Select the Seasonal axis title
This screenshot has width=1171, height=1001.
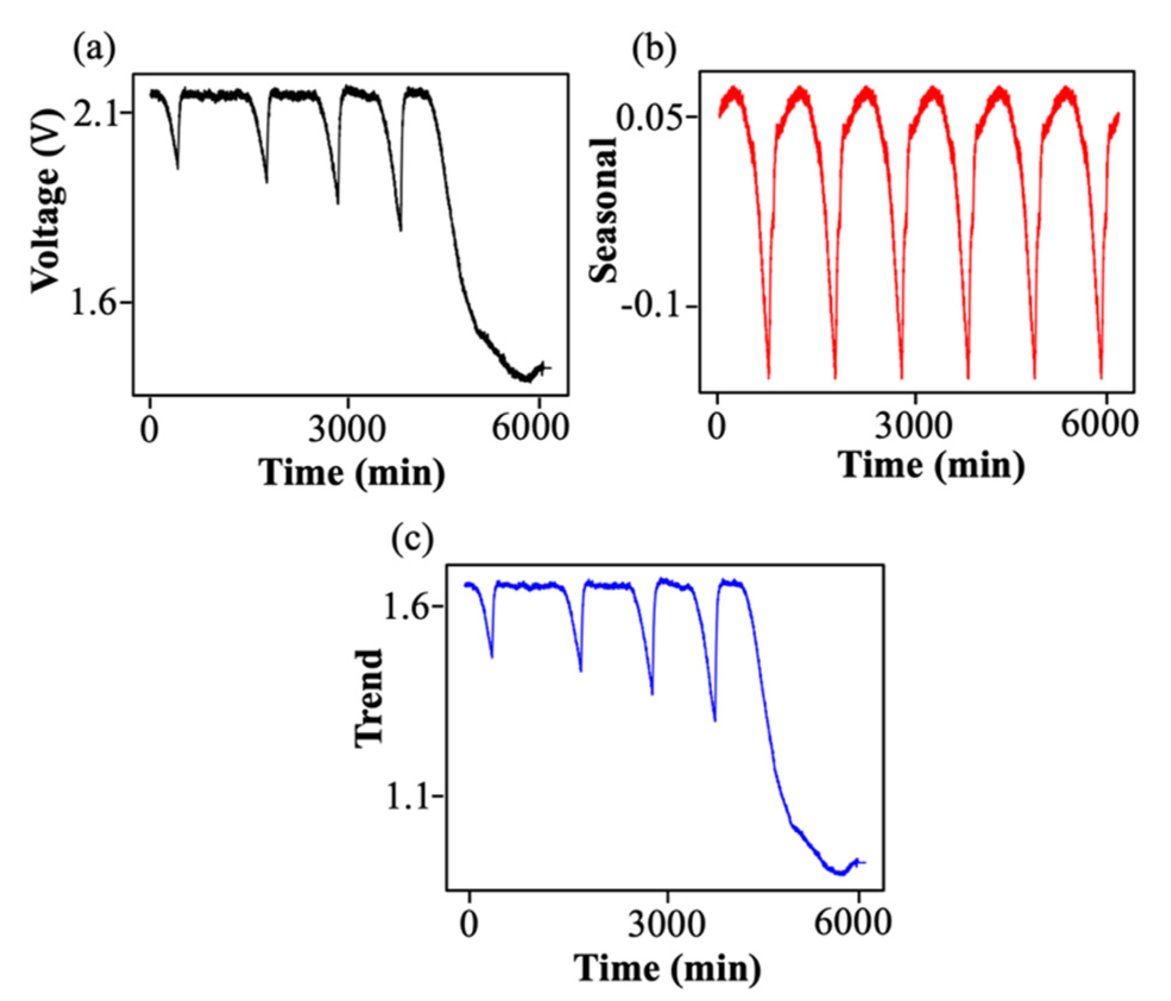pyautogui.click(x=604, y=209)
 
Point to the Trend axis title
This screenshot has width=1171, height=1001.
pyautogui.click(x=368, y=698)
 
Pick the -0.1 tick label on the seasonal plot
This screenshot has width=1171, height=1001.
pyautogui.click(x=658, y=307)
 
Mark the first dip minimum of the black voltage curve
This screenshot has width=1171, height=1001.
pyautogui.click(x=178, y=169)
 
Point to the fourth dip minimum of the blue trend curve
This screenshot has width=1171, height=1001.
pyautogui.click(x=715, y=721)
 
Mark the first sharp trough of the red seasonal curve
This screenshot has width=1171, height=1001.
pyautogui.click(x=769, y=378)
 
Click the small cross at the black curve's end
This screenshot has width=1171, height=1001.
pyautogui.click(x=545, y=369)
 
